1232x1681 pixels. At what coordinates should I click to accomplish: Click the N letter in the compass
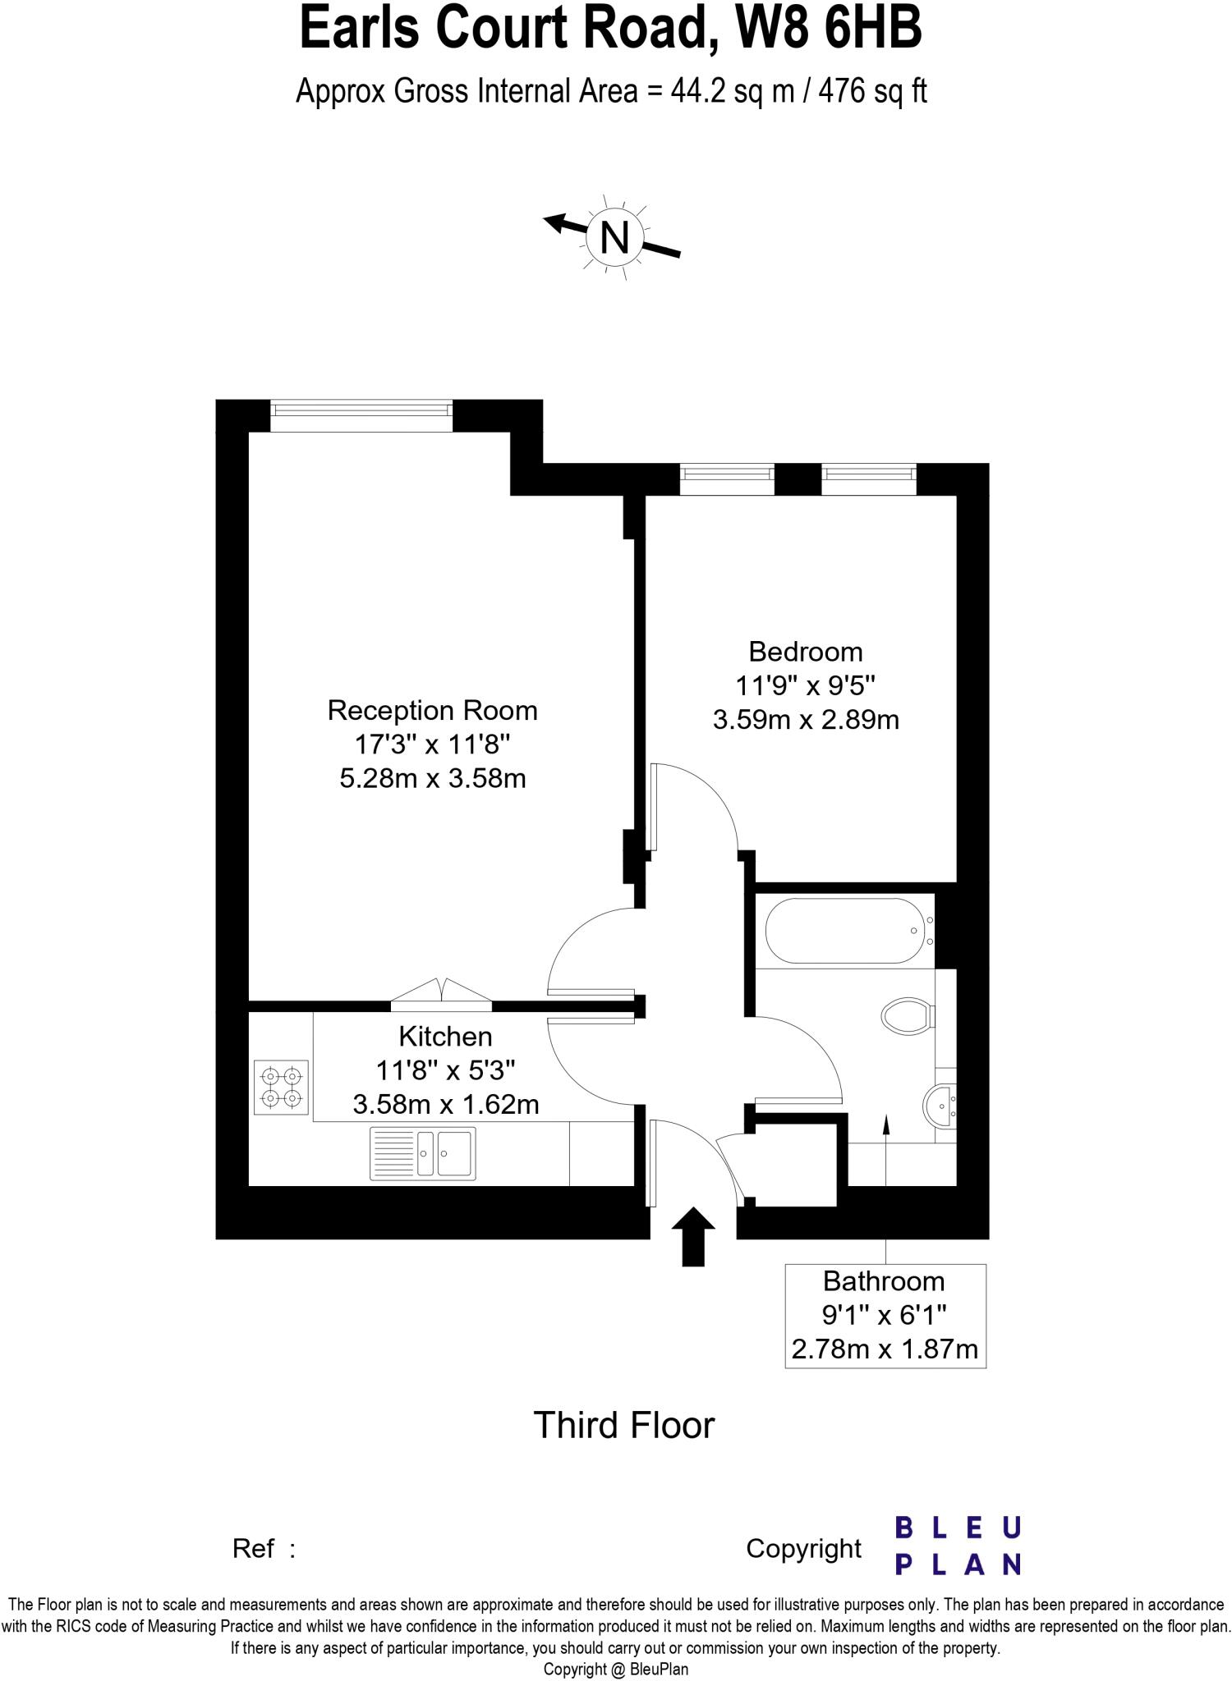614,238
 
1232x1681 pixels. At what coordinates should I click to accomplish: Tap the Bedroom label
805,652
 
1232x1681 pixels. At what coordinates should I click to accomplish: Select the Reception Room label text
432,710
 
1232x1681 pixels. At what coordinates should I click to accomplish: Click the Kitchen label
445,1037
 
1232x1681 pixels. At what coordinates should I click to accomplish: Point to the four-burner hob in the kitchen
281,1087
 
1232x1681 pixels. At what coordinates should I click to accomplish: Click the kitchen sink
422,1153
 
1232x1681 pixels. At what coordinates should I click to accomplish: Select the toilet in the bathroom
907,1015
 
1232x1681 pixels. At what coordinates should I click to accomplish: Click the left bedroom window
727,479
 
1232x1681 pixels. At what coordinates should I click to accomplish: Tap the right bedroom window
868,479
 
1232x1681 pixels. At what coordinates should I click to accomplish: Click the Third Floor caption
624,1426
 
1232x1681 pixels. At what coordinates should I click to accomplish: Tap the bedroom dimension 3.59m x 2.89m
805,720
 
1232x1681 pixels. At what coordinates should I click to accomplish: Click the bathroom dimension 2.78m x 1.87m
885,1349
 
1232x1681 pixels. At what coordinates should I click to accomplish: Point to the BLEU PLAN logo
958,1546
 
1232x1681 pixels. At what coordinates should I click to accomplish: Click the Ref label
254,1549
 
